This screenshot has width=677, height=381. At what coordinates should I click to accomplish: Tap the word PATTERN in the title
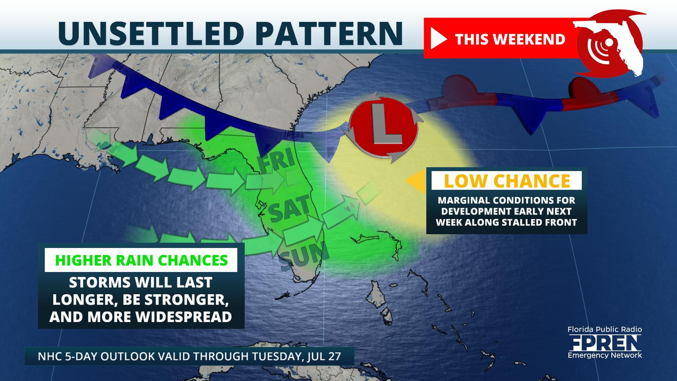[x=326, y=33]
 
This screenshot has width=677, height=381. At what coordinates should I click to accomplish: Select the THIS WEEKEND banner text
[x=510, y=39]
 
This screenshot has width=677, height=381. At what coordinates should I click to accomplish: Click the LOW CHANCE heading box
[x=507, y=181]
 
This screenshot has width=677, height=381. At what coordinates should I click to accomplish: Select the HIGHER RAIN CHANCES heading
[x=141, y=260]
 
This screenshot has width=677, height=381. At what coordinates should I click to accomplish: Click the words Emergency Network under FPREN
[x=604, y=355]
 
